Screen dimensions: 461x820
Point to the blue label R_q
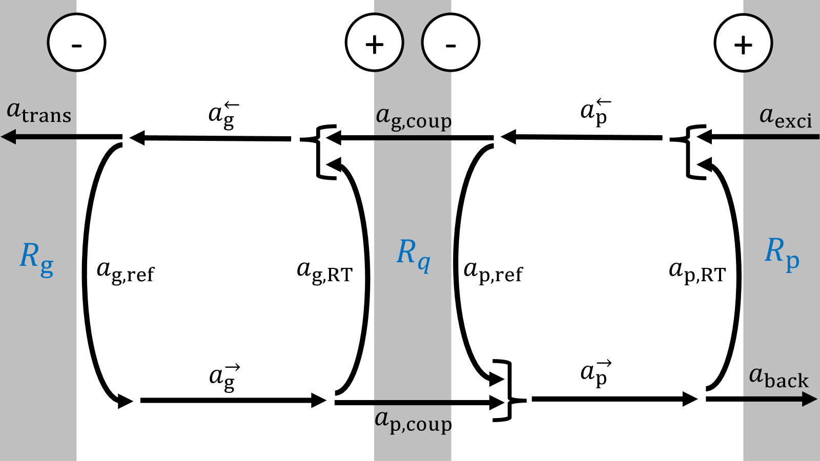413,255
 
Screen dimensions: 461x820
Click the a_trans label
39,112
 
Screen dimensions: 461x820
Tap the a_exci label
785,117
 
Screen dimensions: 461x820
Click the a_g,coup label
414,118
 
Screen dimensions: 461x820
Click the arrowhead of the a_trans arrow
8,137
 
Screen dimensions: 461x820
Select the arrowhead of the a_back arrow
810,399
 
